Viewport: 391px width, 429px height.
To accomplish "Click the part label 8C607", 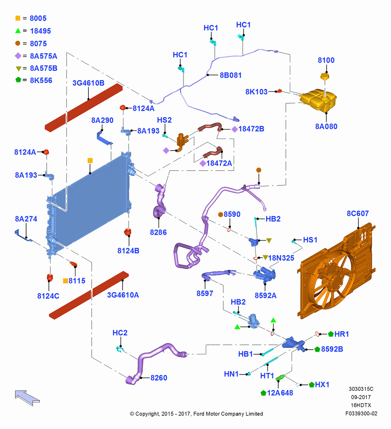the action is click(x=358, y=213).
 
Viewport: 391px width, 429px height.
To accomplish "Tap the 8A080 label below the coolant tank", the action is click(x=326, y=127).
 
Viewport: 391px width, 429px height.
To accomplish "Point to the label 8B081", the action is click(x=231, y=75).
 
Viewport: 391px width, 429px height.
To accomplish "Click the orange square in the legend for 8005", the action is click(x=18, y=18).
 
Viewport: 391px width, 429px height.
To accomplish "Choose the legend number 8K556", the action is click(x=41, y=81).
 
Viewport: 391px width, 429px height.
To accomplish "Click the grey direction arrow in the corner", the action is click(x=27, y=398).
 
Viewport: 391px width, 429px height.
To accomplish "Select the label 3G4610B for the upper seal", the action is click(x=88, y=83).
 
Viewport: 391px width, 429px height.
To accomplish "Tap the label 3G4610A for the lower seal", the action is click(x=123, y=295).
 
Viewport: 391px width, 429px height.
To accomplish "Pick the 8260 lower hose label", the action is click(x=159, y=378).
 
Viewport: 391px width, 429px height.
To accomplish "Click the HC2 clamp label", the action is click(x=120, y=333).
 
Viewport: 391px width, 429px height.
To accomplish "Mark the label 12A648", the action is click(x=280, y=393).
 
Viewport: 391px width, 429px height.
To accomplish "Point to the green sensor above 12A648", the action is click(x=280, y=378).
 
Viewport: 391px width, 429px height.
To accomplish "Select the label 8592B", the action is click(x=332, y=349).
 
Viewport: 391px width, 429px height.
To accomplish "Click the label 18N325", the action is click(x=281, y=258).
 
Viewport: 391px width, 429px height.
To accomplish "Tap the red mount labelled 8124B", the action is click(x=128, y=232).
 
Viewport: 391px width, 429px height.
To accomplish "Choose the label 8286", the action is click(x=158, y=232).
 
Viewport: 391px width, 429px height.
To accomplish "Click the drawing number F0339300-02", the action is click(x=361, y=414).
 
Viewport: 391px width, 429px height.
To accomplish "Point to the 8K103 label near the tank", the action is click(x=256, y=92).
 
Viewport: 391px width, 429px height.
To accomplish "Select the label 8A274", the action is click(x=26, y=219).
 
